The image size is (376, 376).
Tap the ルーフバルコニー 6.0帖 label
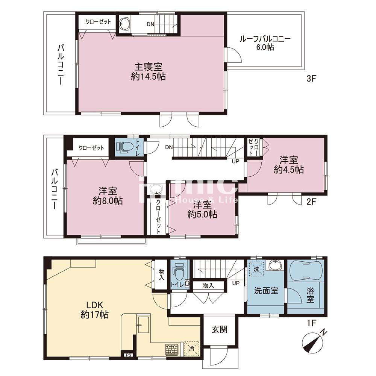(x=265, y=43)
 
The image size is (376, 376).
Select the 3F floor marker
(x=312, y=79)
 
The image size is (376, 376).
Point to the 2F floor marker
(x=312, y=202)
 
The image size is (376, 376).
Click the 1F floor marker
(x=311, y=323)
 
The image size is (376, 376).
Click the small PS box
(x=129, y=355)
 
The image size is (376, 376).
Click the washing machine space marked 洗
(x=256, y=269)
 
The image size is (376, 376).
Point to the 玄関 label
(x=220, y=329)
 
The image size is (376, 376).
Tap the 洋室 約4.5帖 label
(x=289, y=165)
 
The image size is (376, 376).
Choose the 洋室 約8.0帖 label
(x=108, y=196)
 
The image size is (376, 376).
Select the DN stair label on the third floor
(x=150, y=24)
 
